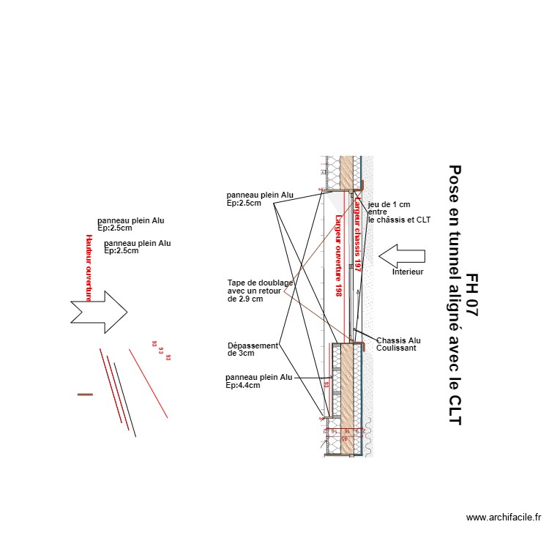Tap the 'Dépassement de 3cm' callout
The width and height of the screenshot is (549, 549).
click(x=252, y=349)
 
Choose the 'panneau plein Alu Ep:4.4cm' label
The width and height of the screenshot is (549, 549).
click(x=258, y=381)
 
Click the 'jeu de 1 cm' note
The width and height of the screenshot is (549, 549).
click(x=399, y=212)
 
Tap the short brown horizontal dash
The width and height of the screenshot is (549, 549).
click(x=86, y=395)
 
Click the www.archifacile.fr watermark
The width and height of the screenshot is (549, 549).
click(x=504, y=518)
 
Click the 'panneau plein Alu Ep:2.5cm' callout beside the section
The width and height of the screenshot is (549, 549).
click(x=260, y=199)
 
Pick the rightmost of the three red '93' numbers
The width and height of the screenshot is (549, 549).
click(x=168, y=358)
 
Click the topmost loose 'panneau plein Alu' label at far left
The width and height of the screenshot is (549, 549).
click(x=131, y=223)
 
